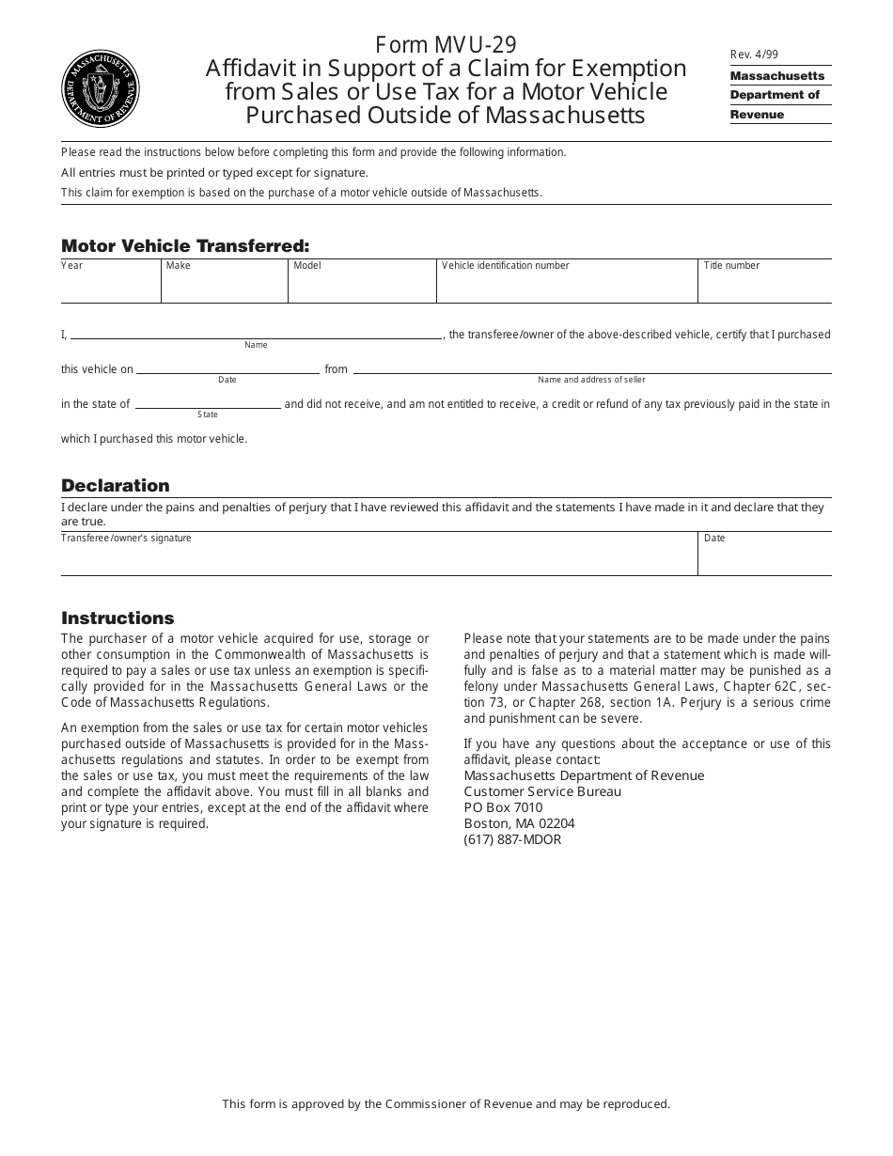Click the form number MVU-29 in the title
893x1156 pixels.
(x=446, y=45)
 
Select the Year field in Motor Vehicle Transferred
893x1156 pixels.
(x=110, y=286)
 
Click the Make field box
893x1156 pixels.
(x=224, y=286)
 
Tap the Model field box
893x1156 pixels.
(x=362, y=286)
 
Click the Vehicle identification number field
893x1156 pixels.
(x=567, y=286)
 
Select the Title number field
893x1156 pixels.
(x=764, y=286)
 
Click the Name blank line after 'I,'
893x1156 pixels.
(x=256, y=332)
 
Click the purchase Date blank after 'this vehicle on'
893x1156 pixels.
(x=227, y=367)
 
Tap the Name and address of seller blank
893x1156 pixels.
(x=591, y=367)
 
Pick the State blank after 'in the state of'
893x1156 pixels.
(x=208, y=402)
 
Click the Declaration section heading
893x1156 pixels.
(x=116, y=486)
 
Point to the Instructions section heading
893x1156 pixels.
(x=117, y=618)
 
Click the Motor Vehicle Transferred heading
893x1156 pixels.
(x=185, y=246)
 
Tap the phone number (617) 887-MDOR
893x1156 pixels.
(x=512, y=840)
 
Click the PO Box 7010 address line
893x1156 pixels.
(x=503, y=808)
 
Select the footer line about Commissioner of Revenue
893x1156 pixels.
(x=446, y=1104)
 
